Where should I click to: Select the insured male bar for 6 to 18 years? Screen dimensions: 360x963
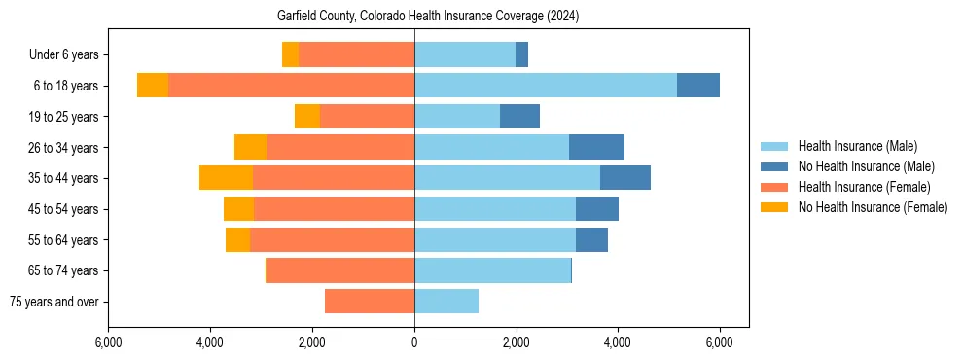tap(545, 86)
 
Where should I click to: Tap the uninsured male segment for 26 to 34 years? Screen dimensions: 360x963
tap(596, 147)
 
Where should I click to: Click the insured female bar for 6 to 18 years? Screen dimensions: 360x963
tap(291, 86)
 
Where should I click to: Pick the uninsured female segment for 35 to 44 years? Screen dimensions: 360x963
tap(226, 178)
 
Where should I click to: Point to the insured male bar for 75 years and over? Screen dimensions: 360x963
tap(446, 301)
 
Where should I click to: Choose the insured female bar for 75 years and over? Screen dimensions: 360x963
tap(370, 301)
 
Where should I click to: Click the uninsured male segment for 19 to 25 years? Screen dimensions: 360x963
tap(519, 117)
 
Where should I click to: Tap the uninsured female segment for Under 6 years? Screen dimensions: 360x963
tap(290, 54)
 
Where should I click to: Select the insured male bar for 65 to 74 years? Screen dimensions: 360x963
tap(492, 270)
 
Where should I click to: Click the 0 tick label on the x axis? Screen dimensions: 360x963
tap(414, 342)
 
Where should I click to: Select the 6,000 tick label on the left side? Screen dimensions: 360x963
tap(109, 342)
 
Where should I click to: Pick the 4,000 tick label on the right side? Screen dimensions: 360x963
tap(618, 342)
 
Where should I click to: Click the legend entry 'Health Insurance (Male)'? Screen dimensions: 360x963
tap(857, 146)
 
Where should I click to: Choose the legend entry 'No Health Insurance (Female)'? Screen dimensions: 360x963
tap(873, 207)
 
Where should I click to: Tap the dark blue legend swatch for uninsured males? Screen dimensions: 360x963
tap(774, 166)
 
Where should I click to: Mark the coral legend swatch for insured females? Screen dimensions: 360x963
tap(774, 187)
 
